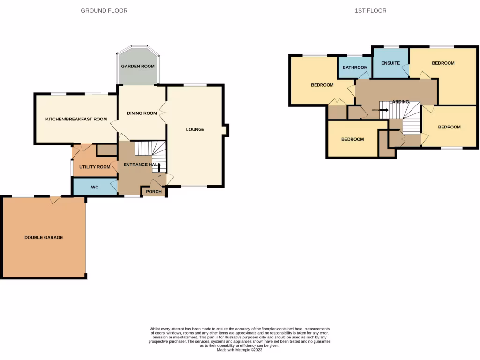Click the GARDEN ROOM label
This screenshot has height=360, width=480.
[138, 67]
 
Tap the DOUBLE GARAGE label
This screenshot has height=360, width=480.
[44, 238]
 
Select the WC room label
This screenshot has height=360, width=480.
[94, 187]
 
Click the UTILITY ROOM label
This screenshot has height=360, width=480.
[95, 167]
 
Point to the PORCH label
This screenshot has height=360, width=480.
[154, 192]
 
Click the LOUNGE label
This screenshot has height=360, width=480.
[195, 129]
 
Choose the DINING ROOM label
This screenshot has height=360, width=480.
[142, 113]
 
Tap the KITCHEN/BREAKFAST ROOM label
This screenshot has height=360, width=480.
[76, 119]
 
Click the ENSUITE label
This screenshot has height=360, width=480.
[390, 63]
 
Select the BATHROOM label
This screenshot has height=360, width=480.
[355, 67]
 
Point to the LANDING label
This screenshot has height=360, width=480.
[399, 102]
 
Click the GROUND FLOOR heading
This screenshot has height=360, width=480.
[104, 10]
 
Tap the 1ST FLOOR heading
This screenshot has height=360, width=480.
[371, 10]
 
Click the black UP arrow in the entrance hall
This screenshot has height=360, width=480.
[159, 168]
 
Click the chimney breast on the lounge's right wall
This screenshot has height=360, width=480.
[225, 130]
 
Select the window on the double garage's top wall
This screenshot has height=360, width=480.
[23, 196]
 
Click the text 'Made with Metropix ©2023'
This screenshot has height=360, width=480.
[240, 350]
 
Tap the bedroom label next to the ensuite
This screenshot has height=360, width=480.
[443, 63]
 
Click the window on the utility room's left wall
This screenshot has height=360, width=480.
[71, 168]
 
